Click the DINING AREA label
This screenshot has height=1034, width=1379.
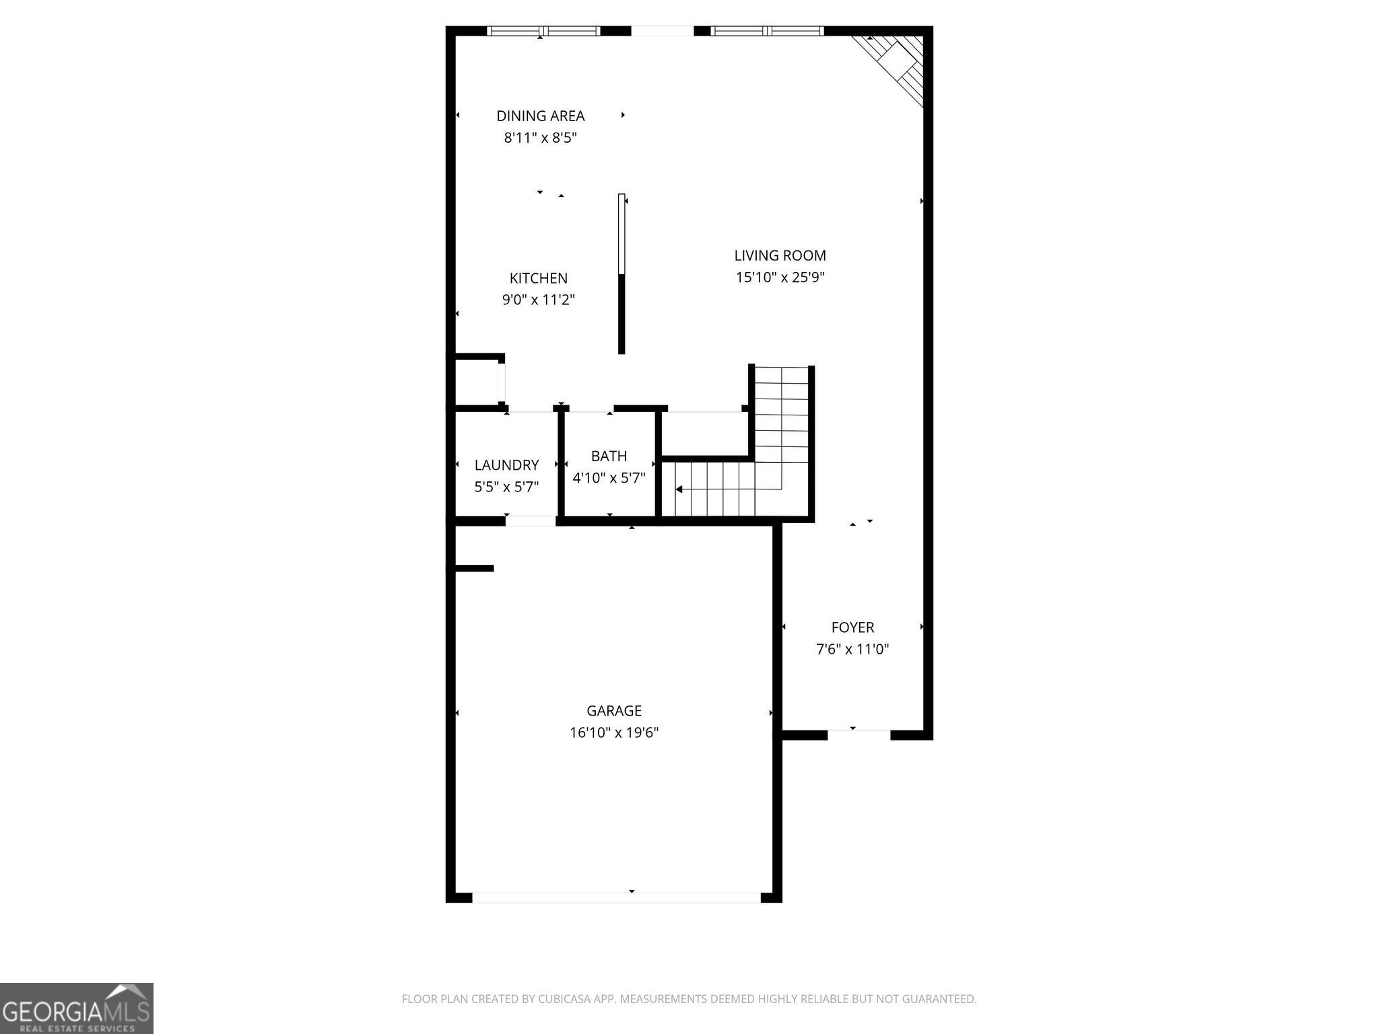(x=540, y=116)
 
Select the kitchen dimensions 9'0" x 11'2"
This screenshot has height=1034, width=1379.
(x=538, y=300)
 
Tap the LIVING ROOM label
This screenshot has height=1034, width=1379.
(x=780, y=256)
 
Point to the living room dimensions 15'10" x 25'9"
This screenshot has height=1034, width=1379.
(x=780, y=277)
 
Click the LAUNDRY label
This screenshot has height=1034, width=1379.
(x=506, y=465)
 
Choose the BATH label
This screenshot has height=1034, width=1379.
(x=609, y=456)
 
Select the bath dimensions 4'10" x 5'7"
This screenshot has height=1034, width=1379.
(x=609, y=479)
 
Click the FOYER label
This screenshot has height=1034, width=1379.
(x=852, y=627)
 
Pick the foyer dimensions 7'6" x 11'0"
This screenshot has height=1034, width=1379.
(x=852, y=650)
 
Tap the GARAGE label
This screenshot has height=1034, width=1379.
(x=613, y=711)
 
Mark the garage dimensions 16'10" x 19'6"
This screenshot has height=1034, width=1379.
(x=613, y=733)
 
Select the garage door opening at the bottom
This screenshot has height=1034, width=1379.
(x=616, y=897)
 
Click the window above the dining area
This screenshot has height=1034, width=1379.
(x=543, y=31)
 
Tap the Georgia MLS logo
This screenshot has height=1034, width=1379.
(x=76, y=1008)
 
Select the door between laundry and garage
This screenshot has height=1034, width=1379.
(x=531, y=520)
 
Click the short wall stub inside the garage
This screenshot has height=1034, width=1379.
(x=474, y=568)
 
